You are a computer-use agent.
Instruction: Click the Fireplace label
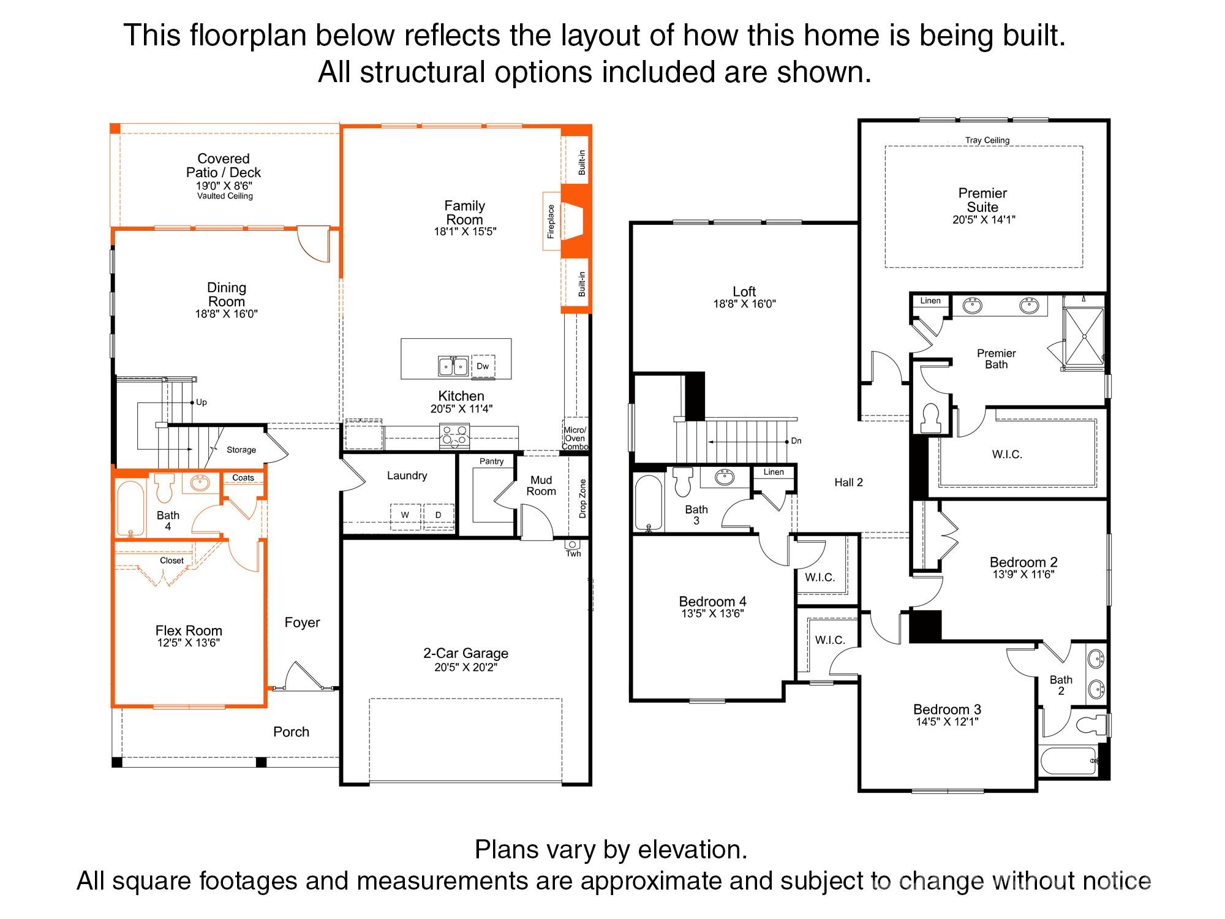pos(551,221)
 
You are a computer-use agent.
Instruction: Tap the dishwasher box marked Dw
pos(483,366)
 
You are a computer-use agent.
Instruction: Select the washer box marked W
pos(405,515)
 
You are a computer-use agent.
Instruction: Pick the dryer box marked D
pos(439,515)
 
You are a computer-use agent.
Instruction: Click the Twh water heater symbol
pos(573,544)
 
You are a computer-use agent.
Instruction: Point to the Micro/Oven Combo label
pos(575,438)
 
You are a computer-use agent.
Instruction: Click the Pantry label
pos(492,461)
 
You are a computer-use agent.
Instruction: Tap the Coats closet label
pos(243,478)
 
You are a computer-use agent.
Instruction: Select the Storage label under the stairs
pos(241,450)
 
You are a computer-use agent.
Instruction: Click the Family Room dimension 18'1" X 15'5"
pos(465,232)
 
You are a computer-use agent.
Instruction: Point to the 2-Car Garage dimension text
pos(466,667)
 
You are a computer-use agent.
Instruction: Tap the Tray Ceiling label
pos(987,140)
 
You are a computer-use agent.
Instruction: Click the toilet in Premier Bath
pos(930,418)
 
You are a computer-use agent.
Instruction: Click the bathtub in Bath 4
pos(130,508)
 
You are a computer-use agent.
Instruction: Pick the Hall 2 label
pos(848,483)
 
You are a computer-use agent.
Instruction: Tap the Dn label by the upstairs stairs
pos(796,441)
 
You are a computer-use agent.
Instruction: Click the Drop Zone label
pos(582,499)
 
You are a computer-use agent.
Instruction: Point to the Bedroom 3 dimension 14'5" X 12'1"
pos(947,722)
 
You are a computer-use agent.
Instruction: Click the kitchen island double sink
pos(453,366)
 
